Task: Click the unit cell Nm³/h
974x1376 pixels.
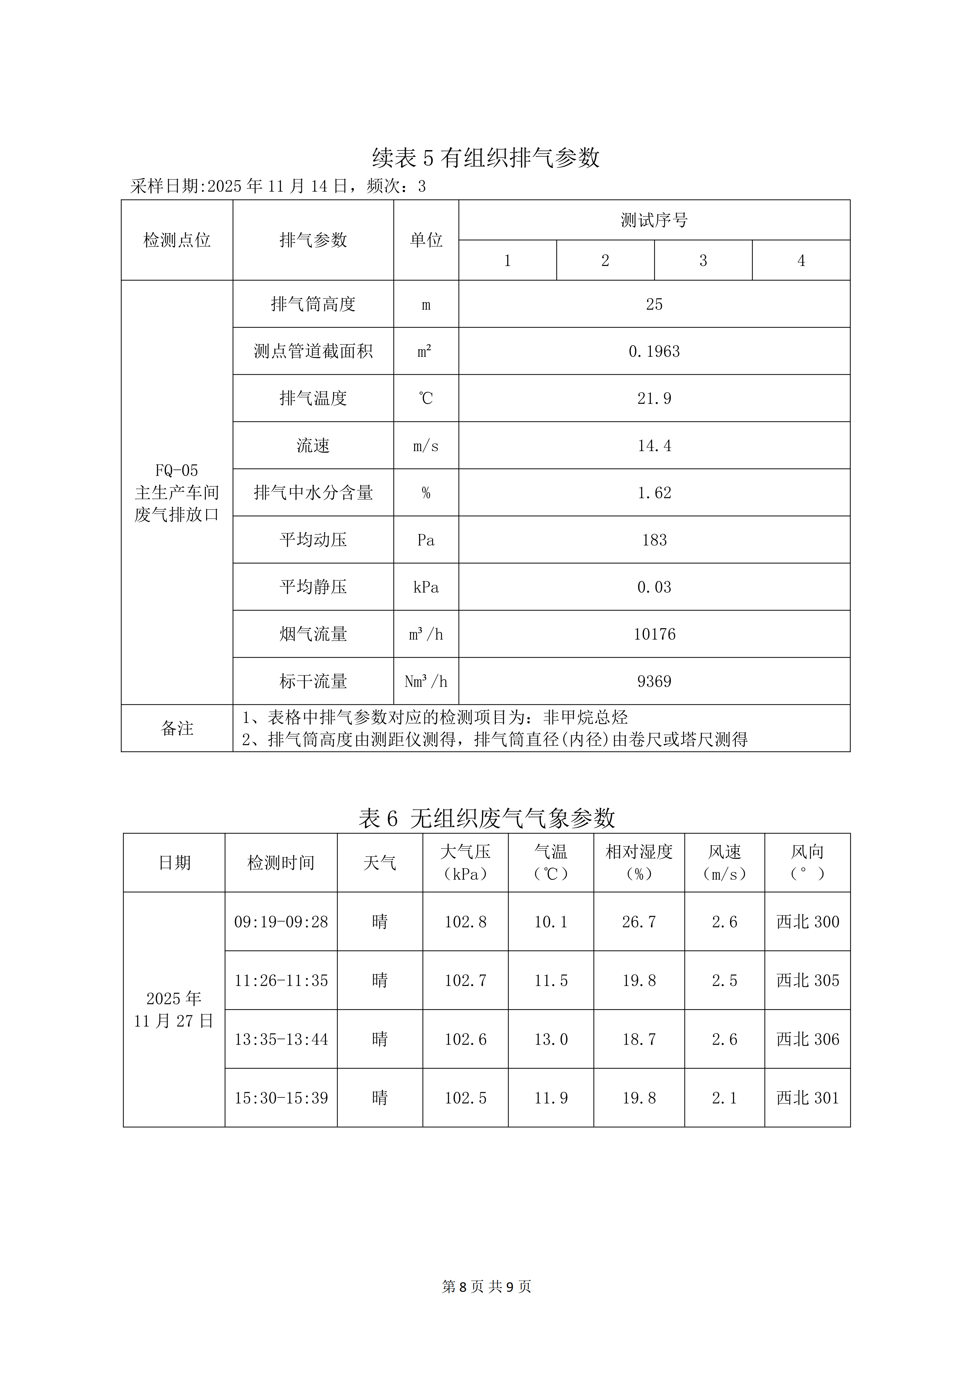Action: [x=426, y=681]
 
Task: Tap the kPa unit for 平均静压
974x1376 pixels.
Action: [x=426, y=587]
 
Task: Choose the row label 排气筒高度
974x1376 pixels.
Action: [x=313, y=304]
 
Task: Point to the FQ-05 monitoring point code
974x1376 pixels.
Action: [x=176, y=470]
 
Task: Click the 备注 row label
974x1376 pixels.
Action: [x=177, y=728]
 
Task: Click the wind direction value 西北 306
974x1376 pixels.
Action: [x=807, y=1039]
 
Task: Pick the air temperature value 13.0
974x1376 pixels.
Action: [x=551, y=1039]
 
